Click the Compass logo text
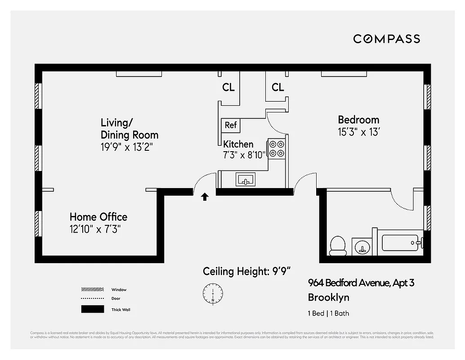386,39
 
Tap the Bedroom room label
358,120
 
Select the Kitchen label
238,144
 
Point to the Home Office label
98,217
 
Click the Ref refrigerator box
231,125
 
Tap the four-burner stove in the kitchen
277,148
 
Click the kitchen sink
246,180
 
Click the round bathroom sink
361,247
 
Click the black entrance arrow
205,196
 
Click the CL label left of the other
228,87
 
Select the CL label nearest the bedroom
278,87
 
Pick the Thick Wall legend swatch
93,310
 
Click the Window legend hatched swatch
93,290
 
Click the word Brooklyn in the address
328,297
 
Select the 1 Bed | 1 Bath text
328,314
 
